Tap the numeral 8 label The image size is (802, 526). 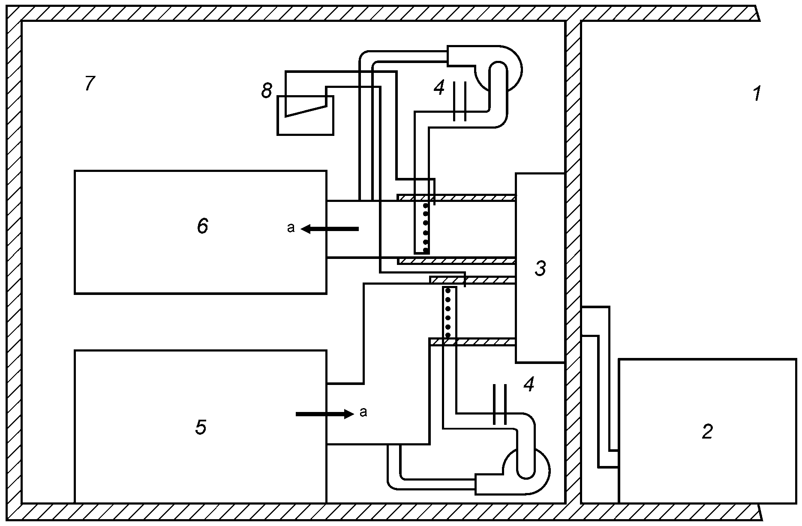pyautogui.click(x=267, y=91)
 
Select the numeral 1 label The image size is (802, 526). pyautogui.click(x=757, y=93)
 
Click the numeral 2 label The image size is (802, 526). pyautogui.click(x=707, y=431)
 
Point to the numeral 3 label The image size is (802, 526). pyautogui.click(x=541, y=268)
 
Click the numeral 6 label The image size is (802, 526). pyautogui.click(x=203, y=226)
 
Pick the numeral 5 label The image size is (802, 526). pyautogui.click(x=201, y=427)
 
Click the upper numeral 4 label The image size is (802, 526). pyautogui.click(x=439, y=88)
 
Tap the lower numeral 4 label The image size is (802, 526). pyautogui.click(x=529, y=385)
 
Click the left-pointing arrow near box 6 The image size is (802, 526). pyautogui.click(x=330, y=229)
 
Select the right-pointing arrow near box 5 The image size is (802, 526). pyautogui.click(x=324, y=414)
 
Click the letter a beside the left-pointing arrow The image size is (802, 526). pyautogui.click(x=291, y=228)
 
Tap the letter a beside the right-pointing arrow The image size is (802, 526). pyautogui.click(x=363, y=412)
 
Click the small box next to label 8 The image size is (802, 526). pyautogui.click(x=305, y=115)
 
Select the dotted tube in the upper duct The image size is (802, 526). pyautogui.click(x=422, y=227)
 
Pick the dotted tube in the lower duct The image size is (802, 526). pyautogui.click(x=449, y=313)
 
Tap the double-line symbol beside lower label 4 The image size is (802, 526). pyautogui.click(x=500, y=404)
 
